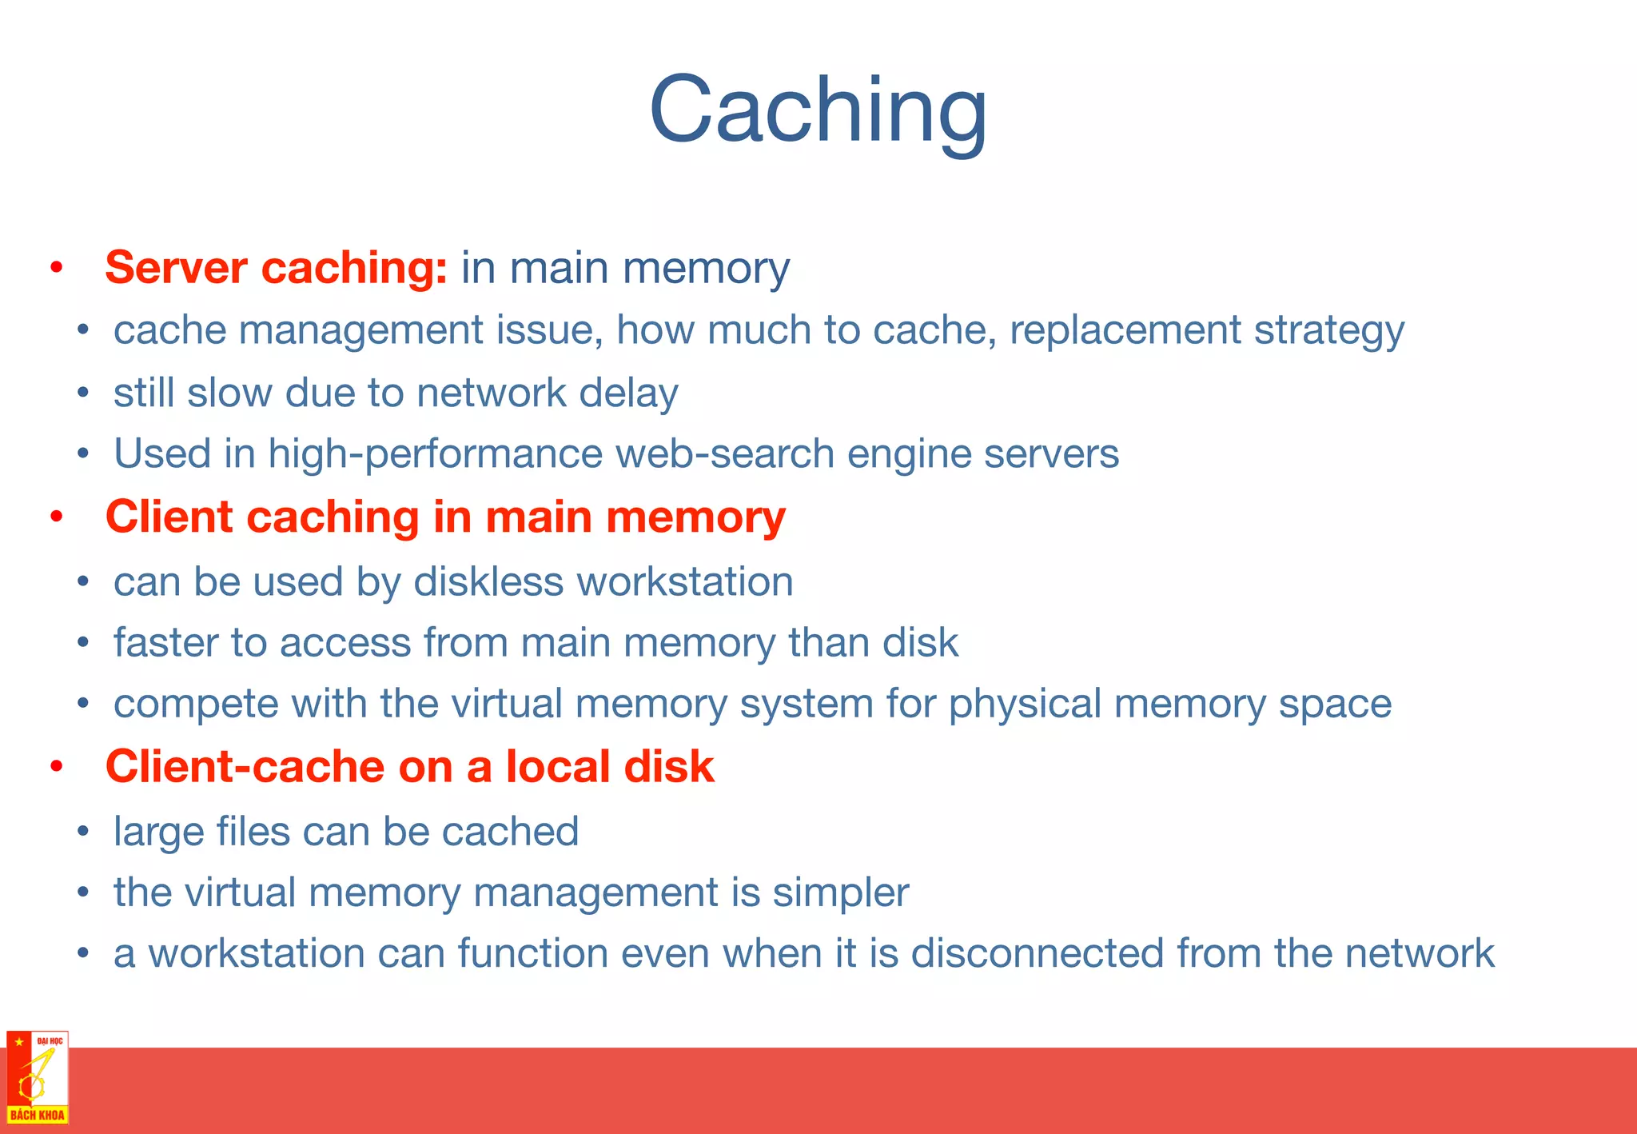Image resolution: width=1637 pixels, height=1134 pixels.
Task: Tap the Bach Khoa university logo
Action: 38,1077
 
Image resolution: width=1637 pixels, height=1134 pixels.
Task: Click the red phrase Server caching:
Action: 276,267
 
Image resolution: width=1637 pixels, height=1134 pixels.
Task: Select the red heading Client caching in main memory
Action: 445,517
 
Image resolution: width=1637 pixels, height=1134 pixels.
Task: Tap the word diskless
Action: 488,581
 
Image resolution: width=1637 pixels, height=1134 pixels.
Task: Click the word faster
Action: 166,642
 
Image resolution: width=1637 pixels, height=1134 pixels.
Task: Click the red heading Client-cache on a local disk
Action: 409,766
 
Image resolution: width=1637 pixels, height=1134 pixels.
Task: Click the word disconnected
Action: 1037,953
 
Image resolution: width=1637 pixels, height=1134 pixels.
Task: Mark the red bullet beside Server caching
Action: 56,268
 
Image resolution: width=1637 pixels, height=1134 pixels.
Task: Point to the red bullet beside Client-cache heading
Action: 56,767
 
